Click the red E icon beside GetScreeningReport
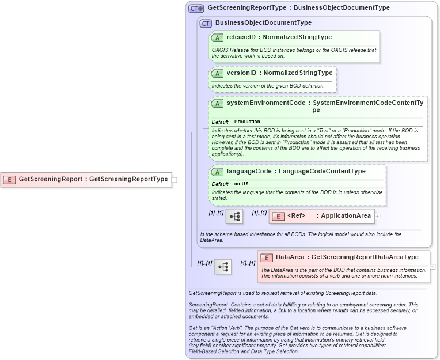9,179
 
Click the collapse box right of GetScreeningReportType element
174,179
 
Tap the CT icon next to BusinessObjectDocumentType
206,23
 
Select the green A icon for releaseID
217,37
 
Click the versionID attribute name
241,73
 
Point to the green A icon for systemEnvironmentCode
217,104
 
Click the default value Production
247,122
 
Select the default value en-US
241,184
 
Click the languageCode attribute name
248,171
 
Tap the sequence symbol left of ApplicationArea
234,217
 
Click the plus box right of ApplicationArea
378,217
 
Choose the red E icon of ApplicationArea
278,216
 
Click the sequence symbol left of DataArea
223,266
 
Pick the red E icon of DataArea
267,257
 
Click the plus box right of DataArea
433,267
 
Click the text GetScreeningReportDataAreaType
365,257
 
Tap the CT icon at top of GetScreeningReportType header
196,9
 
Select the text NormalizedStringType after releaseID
297,37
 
